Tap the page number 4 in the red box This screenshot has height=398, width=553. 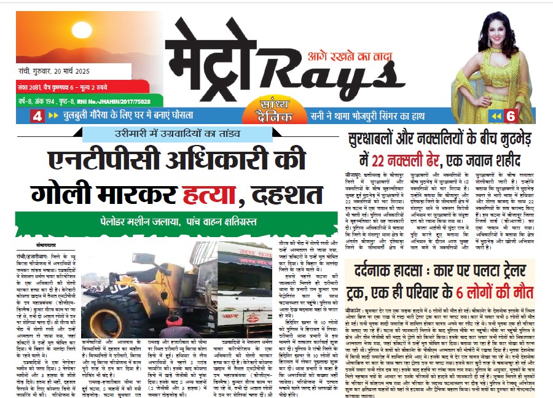coord(36,115)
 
